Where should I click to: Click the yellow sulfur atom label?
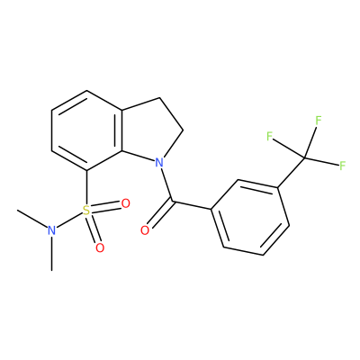(86, 211)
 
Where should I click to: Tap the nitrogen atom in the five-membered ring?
(159, 163)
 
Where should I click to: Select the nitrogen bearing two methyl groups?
(52, 230)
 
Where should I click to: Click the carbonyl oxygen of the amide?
(145, 230)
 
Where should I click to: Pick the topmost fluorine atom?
(319, 121)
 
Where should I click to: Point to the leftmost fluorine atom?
(269, 137)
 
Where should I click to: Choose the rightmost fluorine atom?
(343, 166)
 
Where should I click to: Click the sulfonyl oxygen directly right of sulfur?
(125, 203)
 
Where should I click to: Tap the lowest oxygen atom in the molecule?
(100, 248)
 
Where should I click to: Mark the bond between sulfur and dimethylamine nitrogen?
(69, 220)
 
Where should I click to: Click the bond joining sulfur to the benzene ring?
(86, 188)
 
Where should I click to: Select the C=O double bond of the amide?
(159, 214)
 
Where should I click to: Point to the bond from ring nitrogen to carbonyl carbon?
(166, 184)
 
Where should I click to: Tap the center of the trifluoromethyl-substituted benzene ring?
(250, 217)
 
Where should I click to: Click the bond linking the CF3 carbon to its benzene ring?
(291, 173)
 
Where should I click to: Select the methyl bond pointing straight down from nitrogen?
(52, 254)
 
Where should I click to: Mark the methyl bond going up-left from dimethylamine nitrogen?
(32, 218)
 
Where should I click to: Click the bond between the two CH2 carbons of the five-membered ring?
(171, 114)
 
